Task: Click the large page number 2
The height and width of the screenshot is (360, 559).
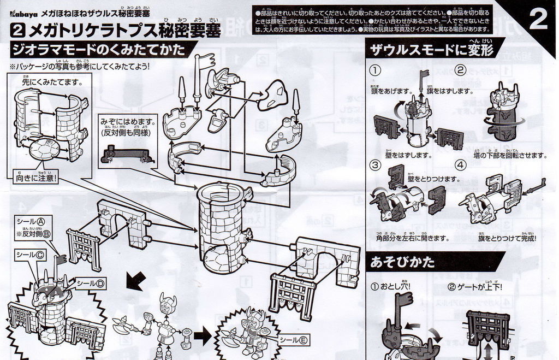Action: pos(538,21)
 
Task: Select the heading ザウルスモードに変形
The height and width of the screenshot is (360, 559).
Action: pos(431,50)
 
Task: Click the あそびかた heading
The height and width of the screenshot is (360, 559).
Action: pos(402,262)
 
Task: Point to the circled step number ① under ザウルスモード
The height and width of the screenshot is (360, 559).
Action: pos(375,70)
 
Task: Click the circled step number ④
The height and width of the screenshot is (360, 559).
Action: pos(460,164)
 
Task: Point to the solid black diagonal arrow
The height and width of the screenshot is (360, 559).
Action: pos(134,282)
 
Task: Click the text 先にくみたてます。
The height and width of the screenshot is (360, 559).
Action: pos(52,82)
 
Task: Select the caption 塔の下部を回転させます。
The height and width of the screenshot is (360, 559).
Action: pos(510,155)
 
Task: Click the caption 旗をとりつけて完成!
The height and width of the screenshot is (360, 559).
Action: pos(507,238)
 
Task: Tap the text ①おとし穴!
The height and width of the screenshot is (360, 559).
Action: pos(390,286)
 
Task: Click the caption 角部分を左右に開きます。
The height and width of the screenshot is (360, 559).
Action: pos(412,238)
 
